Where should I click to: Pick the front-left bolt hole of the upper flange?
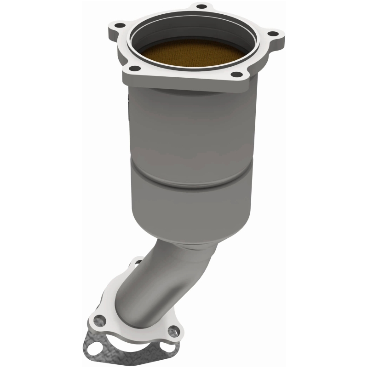134,69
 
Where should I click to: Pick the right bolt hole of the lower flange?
172,331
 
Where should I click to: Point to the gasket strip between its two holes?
138,354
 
